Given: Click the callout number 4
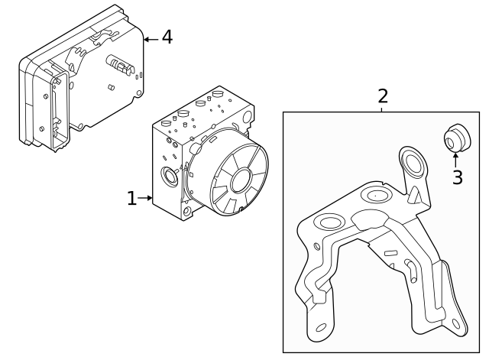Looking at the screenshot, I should tap(167, 37).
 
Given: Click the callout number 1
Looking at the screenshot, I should tap(131, 199).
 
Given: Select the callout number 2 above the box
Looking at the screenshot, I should tap(383, 96).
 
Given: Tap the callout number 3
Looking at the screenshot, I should tap(457, 177).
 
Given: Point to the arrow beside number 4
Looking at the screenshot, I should tap(151, 37).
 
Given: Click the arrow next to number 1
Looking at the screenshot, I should tap(145, 199).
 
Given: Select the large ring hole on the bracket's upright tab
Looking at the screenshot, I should tap(412, 164).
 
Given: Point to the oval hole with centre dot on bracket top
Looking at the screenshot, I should tap(376, 195).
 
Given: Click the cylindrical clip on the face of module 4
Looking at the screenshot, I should tap(120, 65).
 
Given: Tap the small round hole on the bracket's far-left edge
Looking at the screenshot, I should tap(316, 246).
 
